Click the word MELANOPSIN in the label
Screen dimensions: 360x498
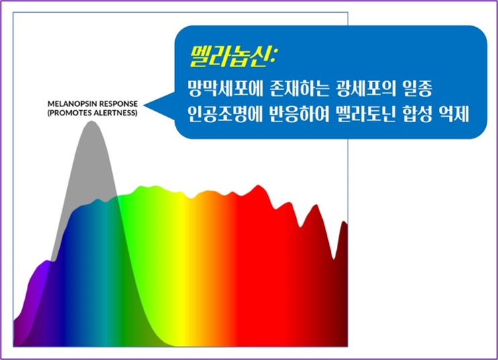point(72,105)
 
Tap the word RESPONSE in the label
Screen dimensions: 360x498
point(117,105)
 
